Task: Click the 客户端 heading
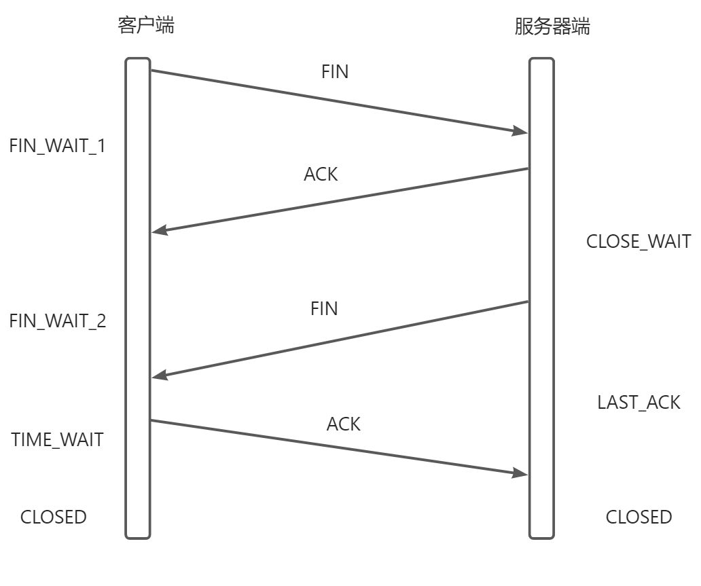click(x=145, y=26)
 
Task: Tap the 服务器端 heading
click(x=552, y=27)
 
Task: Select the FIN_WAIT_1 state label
click(x=58, y=146)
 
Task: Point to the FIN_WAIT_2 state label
click(x=58, y=321)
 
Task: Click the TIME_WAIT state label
click(x=58, y=439)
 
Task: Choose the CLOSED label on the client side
click(x=54, y=517)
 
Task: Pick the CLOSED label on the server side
click(x=639, y=517)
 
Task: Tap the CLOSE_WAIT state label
click(x=639, y=241)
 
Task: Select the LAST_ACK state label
click(x=639, y=402)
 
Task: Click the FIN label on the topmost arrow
click(x=335, y=72)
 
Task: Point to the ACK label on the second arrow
click(x=321, y=174)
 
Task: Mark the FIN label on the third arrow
click(x=324, y=308)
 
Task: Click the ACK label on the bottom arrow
click(x=344, y=424)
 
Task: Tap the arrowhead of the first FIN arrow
click(x=521, y=132)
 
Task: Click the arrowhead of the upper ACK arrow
click(x=159, y=232)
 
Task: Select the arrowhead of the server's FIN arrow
click(x=159, y=376)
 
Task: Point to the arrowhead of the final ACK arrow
click(x=521, y=473)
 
